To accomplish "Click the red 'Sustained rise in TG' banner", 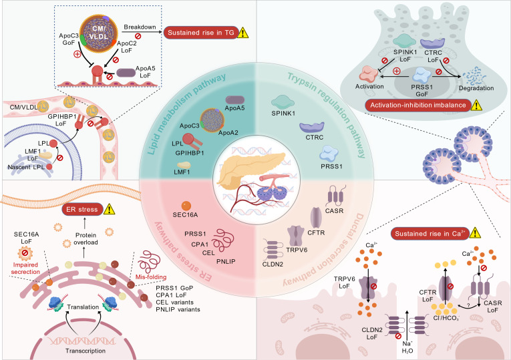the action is [201, 33].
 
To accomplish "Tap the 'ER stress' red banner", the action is [82, 210].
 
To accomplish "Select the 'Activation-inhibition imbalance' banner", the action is [418, 106].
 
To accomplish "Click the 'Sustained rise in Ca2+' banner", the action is [430, 233].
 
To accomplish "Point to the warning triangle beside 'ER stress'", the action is [109, 209].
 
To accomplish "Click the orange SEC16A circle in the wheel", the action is [186, 206].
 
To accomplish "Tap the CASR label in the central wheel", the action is [335, 211].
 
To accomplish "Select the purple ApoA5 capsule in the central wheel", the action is [235, 100].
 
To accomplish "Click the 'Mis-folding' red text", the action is [151, 277].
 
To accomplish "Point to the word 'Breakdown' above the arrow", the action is [140, 27].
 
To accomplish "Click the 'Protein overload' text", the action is [86, 239].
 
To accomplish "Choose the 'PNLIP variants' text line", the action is [178, 309].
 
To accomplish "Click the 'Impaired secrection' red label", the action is [25, 268].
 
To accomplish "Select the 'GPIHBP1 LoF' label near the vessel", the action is [62, 120].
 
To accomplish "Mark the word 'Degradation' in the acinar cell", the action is [476, 88].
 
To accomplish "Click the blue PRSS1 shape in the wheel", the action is [329, 154].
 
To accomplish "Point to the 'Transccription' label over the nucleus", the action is [86, 351].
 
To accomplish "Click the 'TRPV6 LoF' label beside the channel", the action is [344, 283].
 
